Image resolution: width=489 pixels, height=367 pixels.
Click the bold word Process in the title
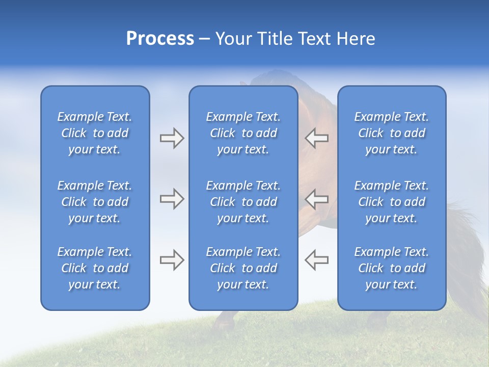click(160, 39)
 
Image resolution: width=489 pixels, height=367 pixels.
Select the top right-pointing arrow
click(172, 138)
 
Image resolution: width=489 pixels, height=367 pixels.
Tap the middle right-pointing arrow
click(172, 199)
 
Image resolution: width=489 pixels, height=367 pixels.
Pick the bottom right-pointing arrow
click(172, 260)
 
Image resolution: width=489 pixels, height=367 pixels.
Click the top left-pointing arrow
click(316, 138)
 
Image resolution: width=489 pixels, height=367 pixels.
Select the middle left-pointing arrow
click(316, 199)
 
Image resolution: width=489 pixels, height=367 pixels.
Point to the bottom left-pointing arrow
click(316, 260)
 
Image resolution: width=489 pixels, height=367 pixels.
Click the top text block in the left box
click(95, 133)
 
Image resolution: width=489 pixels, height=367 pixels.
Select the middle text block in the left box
click(95, 202)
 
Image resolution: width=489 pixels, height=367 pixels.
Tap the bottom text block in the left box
click(95, 268)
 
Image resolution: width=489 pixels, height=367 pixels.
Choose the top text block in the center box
click(243, 133)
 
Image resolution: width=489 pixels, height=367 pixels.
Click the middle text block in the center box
click(243, 202)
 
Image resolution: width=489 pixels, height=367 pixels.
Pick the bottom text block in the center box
click(243, 268)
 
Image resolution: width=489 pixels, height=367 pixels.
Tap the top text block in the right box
click(391, 133)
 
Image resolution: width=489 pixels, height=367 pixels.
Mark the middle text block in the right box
click(391, 202)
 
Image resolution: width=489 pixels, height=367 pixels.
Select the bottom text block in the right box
click(391, 268)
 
